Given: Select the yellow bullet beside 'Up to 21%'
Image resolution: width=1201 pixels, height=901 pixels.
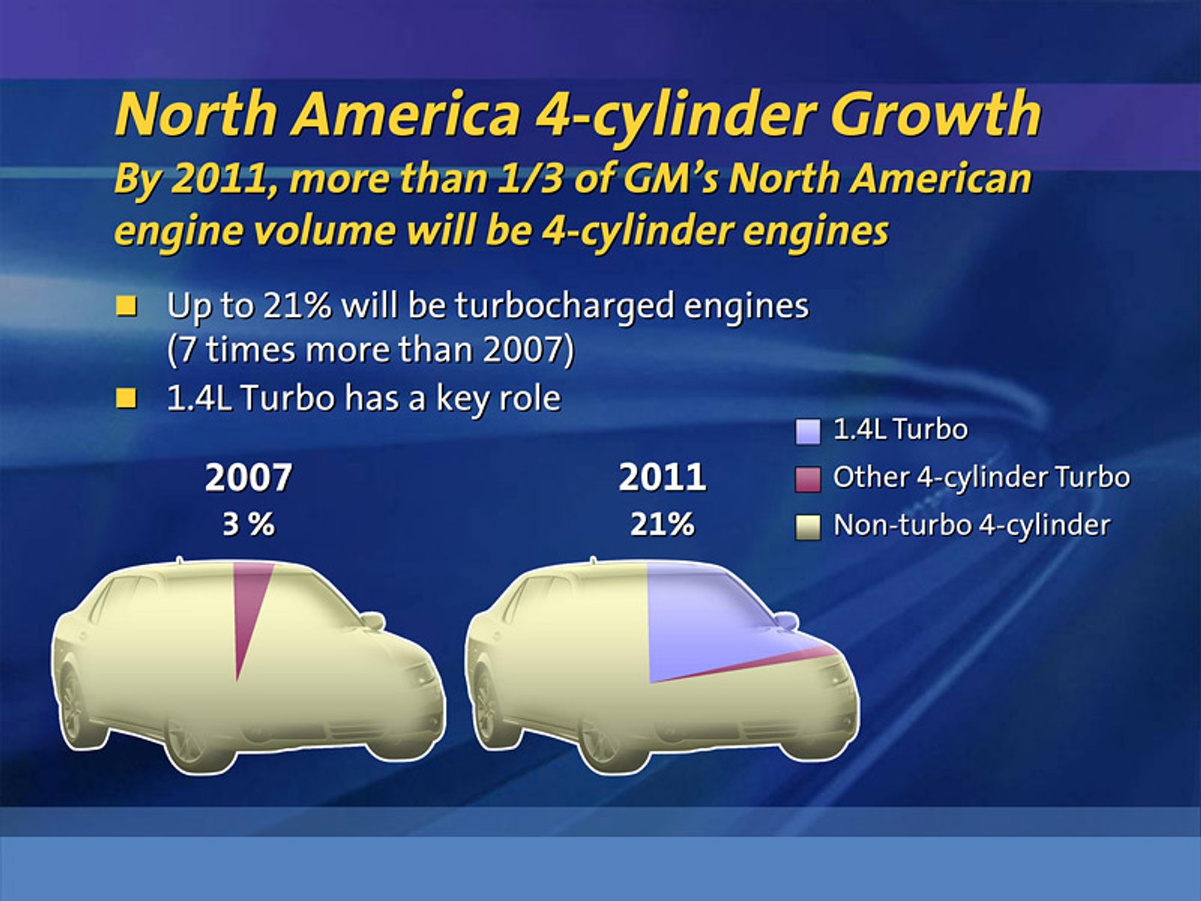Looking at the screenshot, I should pos(127,306).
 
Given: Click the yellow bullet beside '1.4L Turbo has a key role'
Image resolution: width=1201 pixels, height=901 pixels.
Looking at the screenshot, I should pos(127,398).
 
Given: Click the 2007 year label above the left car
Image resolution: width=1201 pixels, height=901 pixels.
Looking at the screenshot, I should pos(248,478).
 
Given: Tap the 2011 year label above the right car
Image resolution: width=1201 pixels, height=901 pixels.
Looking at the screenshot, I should pos(662,478).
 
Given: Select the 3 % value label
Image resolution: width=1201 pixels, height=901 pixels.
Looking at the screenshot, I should pos(248,524).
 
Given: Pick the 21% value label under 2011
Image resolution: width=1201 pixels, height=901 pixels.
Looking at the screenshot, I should pos(662,524).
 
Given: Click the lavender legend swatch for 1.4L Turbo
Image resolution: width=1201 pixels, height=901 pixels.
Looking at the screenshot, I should pos(808,432).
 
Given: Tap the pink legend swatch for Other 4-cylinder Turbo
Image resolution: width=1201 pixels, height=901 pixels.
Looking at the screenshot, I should pos(808,479).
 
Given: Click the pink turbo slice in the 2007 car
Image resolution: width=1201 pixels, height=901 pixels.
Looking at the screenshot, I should pos(246,601).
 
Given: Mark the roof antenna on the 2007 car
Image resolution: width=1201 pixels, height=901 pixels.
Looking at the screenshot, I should pos(179,560).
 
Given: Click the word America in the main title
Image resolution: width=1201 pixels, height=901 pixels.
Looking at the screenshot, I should pos(406,114).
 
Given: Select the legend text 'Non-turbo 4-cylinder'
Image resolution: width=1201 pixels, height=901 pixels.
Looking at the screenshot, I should pos(971,526).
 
